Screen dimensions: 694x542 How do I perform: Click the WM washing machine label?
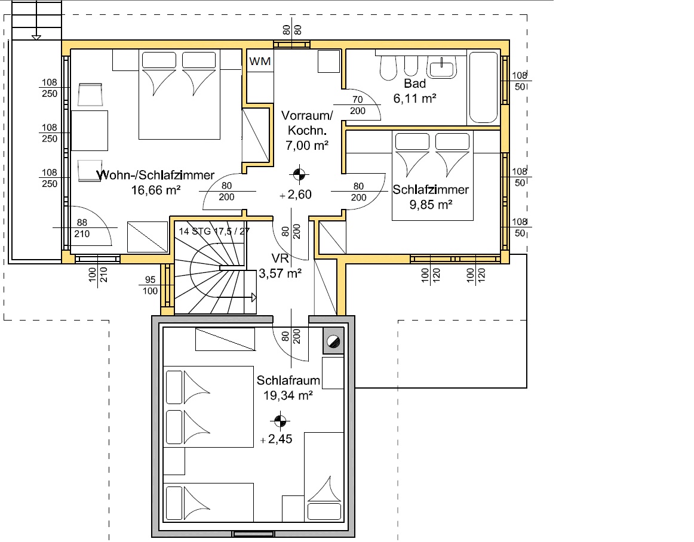(x=260, y=61)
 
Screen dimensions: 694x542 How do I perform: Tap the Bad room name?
(x=414, y=83)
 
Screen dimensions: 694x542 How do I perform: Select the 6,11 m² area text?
(x=414, y=98)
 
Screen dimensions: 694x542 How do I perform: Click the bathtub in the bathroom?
(x=483, y=88)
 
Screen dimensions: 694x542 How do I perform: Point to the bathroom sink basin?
(x=442, y=69)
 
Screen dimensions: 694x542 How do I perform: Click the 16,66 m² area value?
(x=156, y=190)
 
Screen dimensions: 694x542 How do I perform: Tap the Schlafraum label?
(x=288, y=380)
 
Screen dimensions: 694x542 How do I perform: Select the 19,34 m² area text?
(x=288, y=396)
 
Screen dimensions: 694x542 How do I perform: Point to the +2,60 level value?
(x=296, y=194)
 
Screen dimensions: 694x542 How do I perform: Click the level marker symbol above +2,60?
(x=299, y=174)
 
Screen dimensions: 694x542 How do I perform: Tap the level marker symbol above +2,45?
(x=280, y=421)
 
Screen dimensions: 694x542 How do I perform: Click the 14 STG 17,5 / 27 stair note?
(x=214, y=231)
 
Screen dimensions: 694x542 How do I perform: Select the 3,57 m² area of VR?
(x=280, y=273)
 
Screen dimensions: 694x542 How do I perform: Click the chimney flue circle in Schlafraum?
(x=333, y=341)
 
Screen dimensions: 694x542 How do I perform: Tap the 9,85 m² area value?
(x=431, y=205)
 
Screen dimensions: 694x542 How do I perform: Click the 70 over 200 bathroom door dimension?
(x=358, y=105)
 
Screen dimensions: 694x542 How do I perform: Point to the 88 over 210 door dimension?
(x=82, y=228)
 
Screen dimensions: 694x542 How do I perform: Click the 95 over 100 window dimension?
(x=150, y=285)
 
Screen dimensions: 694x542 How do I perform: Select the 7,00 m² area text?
(x=307, y=145)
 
